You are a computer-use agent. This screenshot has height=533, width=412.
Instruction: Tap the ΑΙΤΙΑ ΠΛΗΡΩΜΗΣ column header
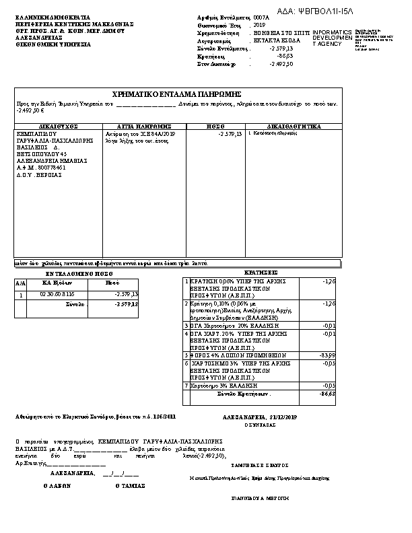pos(143,126)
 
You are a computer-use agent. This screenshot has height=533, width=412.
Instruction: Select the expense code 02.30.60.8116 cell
pos(57,295)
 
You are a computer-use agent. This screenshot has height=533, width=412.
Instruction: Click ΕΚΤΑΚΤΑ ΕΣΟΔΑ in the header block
pos(273,40)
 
